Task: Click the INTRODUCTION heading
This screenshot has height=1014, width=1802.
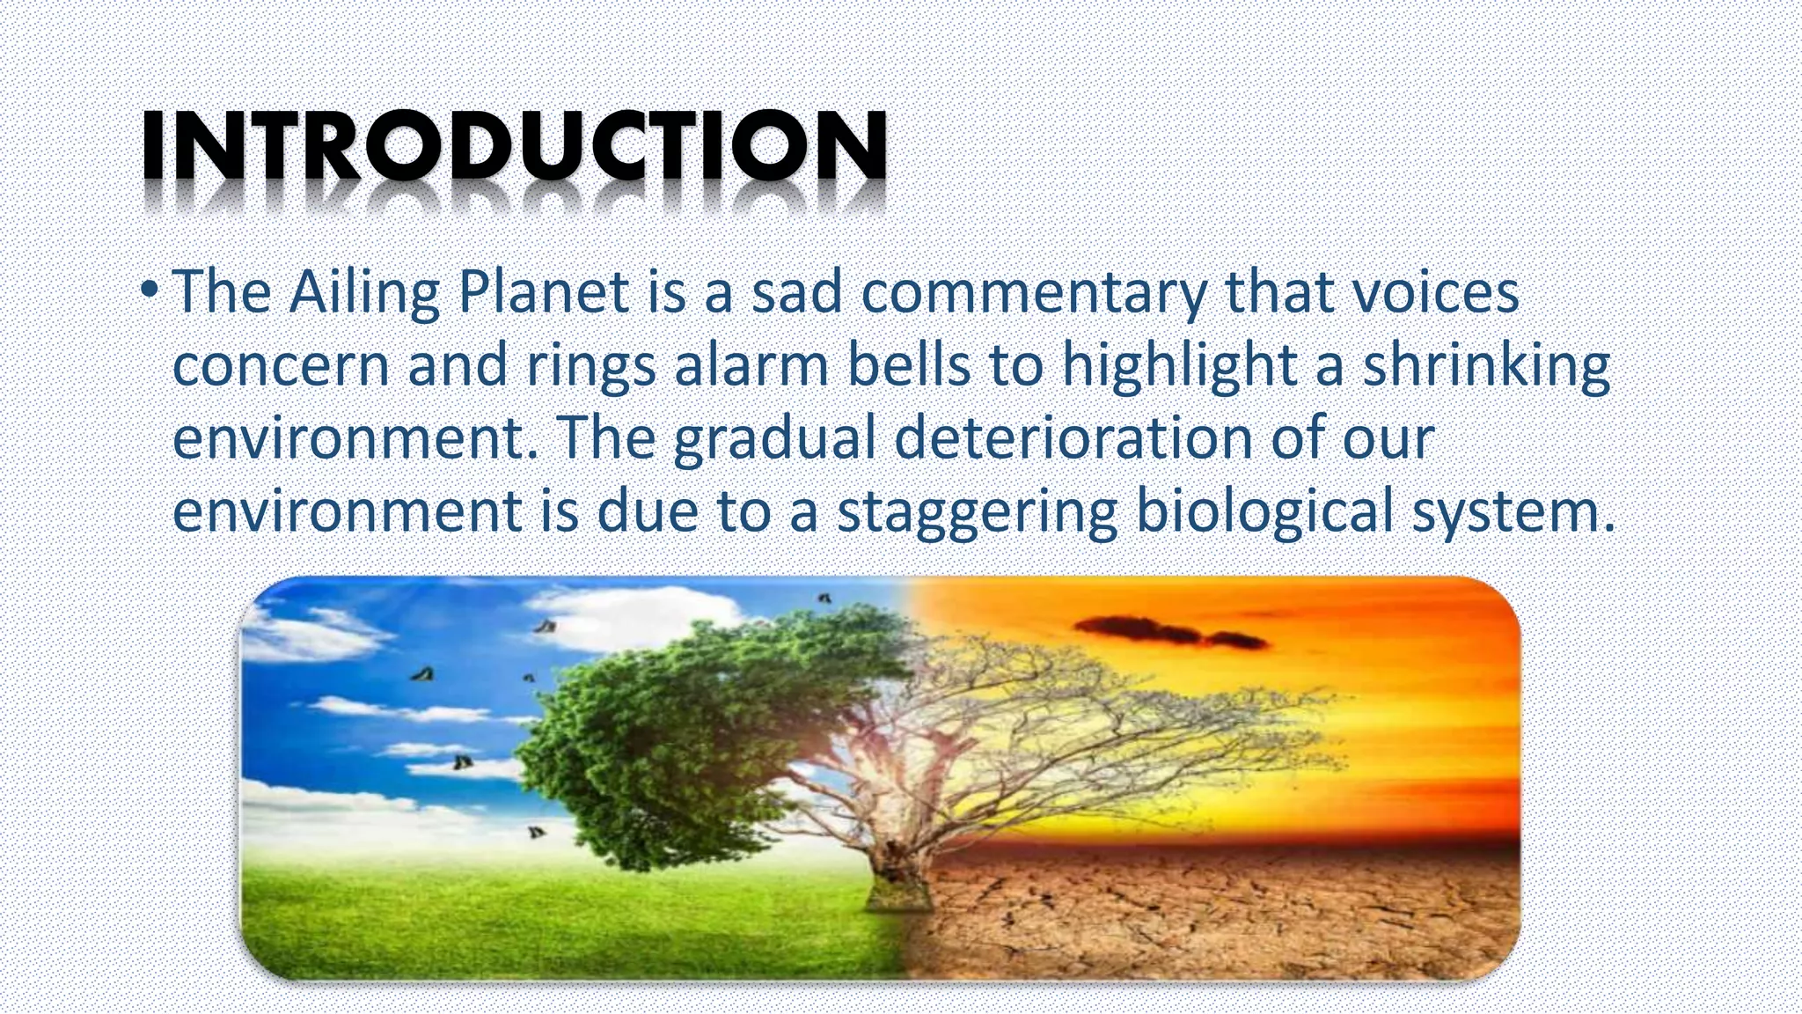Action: (x=515, y=145)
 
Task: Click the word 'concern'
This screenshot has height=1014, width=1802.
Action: (x=280, y=366)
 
